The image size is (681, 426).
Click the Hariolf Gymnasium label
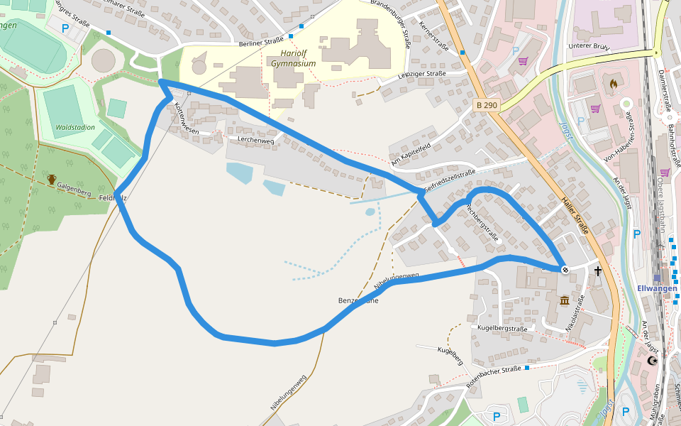pyautogui.click(x=293, y=58)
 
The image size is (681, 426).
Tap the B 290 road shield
pyautogui.click(x=487, y=105)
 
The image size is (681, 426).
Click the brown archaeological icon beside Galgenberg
pyautogui.click(x=51, y=180)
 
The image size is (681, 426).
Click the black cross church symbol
pyautogui.click(x=598, y=271)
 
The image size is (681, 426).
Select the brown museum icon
pyautogui.click(x=564, y=300)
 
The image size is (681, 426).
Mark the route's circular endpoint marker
pyautogui.click(x=565, y=269)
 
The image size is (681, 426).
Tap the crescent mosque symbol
pyautogui.click(x=653, y=361)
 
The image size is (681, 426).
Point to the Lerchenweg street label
pyautogui.click(x=256, y=140)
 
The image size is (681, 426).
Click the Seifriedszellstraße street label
pyautogui.click(x=450, y=182)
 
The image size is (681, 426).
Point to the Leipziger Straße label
pyautogui.click(x=421, y=74)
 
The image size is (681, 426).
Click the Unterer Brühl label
pyautogui.click(x=589, y=46)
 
